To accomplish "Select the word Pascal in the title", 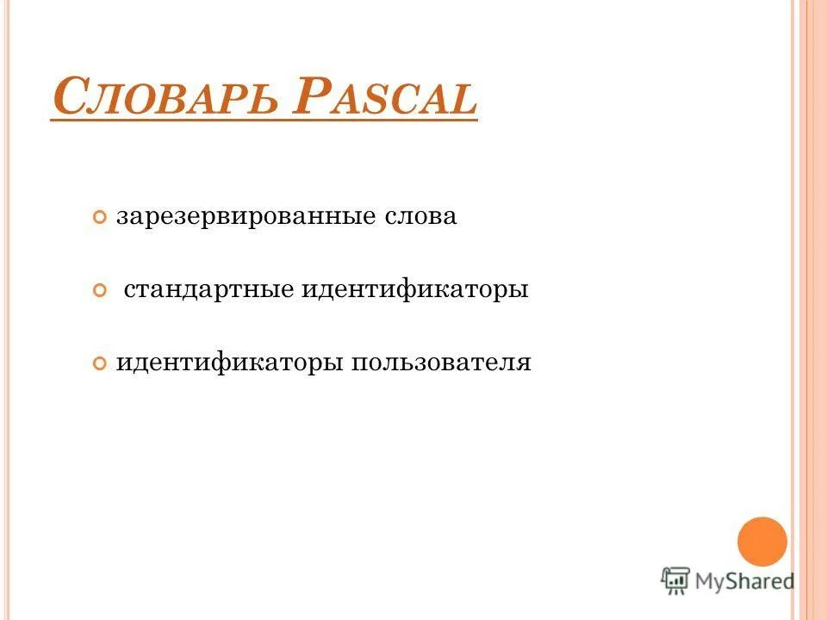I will click(383, 99).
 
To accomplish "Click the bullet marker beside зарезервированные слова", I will click(100, 217).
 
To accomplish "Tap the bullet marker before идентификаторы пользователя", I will click(100, 363).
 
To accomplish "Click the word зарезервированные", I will click(246, 216).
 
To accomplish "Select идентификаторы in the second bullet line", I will click(414, 289).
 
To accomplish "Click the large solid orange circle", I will click(762, 541).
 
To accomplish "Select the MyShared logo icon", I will click(676, 581).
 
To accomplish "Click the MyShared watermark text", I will click(745, 582).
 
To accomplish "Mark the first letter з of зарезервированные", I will click(122, 217).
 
